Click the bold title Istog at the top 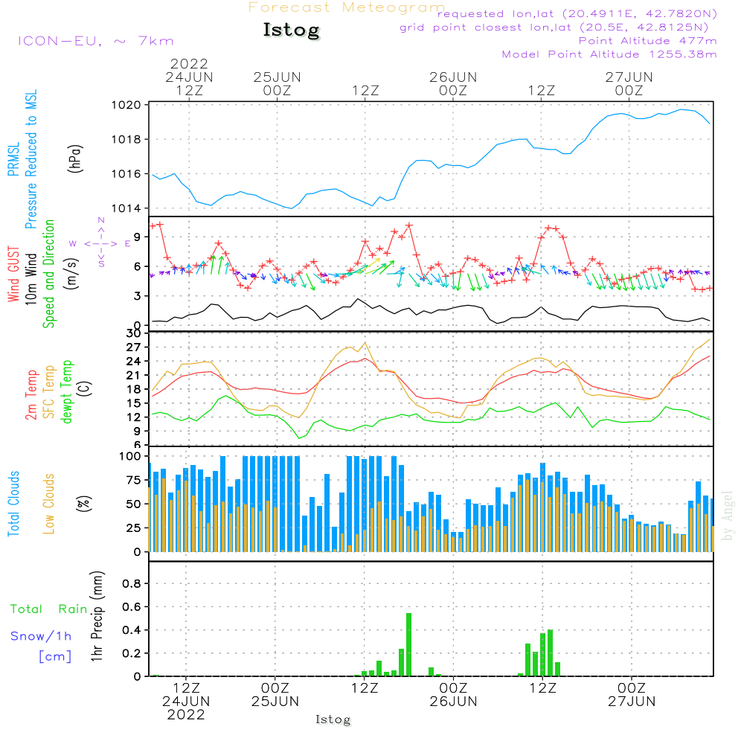[291, 31]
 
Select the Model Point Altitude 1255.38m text [609, 54]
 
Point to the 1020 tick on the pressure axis [127, 105]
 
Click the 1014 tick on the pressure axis [127, 208]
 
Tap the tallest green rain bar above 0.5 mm [408, 644]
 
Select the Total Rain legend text [48, 609]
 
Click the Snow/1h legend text [41, 636]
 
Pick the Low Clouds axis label [50, 503]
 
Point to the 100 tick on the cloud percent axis [129, 456]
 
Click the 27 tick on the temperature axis [132, 347]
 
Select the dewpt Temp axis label [67, 392]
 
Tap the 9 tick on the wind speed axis [137, 237]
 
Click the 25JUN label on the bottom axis [275, 701]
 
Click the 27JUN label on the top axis [629, 77]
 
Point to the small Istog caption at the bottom [333, 720]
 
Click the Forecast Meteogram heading [347, 7]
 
